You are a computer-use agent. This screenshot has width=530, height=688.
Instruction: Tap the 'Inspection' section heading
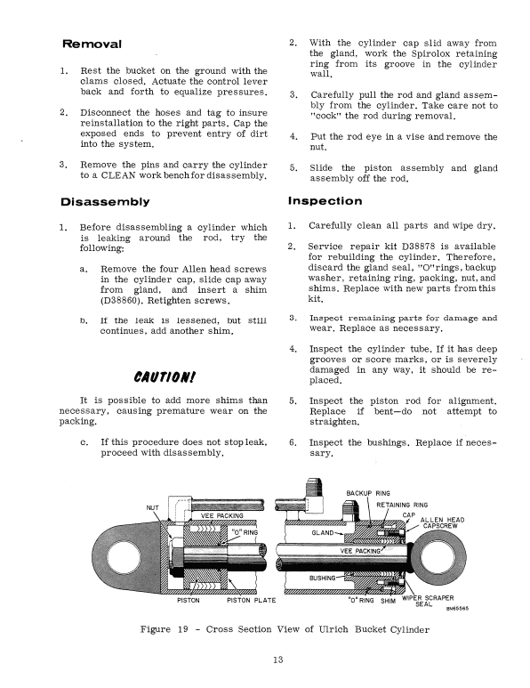[x=325, y=201]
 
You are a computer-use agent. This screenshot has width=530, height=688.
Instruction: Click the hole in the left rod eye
[x=116, y=558]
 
